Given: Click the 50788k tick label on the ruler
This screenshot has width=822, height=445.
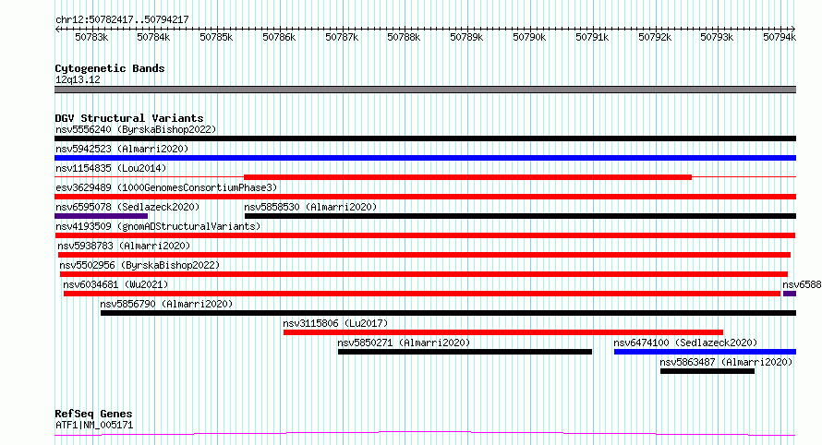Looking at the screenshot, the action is coord(404,37).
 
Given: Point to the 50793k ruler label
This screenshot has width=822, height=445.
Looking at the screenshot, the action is coord(717,37).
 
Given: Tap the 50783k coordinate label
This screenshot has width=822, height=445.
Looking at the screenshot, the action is coord(91,37).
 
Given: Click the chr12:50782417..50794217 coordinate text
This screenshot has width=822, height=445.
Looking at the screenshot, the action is coord(122,19).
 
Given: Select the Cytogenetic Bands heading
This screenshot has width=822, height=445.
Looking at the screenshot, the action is coord(110,68).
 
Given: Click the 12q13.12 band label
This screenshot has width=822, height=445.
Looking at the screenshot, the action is coord(78,79).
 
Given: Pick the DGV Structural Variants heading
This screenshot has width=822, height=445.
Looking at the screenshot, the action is coord(129,118).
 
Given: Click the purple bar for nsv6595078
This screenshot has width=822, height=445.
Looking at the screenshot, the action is coord(102,216).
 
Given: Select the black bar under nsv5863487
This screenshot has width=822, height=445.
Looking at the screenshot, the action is coord(707,371).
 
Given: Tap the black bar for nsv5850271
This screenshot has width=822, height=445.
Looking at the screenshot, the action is coord(465,352).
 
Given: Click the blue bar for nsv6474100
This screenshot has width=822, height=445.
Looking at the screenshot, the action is coord(705,352).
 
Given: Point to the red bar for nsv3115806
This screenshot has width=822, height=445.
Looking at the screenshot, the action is coord(503,332).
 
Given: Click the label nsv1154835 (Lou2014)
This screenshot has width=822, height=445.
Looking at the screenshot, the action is coord(111,168).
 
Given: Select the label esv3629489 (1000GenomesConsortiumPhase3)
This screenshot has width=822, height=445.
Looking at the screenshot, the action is coord(166,187).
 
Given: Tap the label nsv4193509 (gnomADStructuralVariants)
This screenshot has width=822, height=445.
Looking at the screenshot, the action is coord(158,226).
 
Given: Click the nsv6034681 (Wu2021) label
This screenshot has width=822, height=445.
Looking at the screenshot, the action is coord(115,284).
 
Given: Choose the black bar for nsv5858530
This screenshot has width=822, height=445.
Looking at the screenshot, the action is coord(521,216).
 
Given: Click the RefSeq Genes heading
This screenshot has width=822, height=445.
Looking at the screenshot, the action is coord(93,414).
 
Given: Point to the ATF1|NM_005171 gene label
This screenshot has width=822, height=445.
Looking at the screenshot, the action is coord(94,425).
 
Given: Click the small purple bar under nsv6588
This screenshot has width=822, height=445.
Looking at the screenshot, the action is coord(790,294).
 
